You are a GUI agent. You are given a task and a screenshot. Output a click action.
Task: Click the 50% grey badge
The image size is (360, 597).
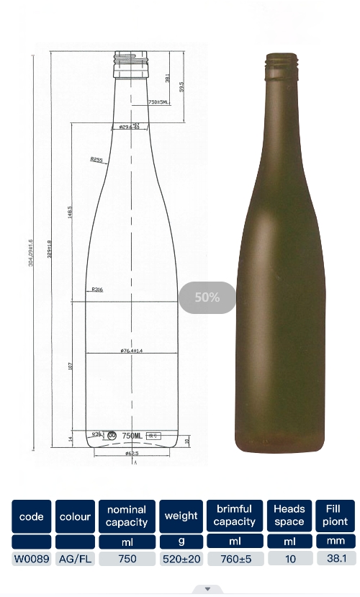click(x=207, y=297)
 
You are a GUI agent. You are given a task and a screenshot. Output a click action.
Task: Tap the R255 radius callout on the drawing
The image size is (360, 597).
click(x=96, y=159)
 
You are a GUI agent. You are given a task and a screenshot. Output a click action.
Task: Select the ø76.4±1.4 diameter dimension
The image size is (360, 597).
click(x=132, y=351)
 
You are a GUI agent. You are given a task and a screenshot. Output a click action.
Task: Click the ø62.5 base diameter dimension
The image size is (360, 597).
click(x=132, y=454)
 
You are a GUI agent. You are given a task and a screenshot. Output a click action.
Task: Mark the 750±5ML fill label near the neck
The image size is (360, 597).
click(x=158, y=102)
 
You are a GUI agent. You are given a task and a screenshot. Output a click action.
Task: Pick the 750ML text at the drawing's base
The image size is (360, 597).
click(x=132, y=436)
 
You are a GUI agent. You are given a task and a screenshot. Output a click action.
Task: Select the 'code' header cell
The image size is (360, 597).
click(x=32, y=516)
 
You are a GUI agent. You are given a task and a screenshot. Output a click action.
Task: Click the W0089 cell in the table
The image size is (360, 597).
click(x=32, y=558)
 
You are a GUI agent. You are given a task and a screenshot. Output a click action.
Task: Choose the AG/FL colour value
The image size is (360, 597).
click(x=75, y=558)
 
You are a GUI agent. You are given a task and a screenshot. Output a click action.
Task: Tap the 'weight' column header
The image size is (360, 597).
click(x=181, y=516)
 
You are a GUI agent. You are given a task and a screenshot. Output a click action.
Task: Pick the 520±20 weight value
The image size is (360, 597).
click(x=181, y=558)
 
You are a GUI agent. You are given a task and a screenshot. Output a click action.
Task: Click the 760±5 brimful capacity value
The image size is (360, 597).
click(x=234, y=558)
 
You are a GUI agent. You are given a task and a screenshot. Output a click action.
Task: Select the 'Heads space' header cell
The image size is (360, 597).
click(x=289, y=516)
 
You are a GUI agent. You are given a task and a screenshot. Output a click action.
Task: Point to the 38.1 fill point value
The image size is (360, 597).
click(x=335, y=558)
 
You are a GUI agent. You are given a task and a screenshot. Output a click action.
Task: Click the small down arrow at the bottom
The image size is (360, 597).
click(x=207, y=589)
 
